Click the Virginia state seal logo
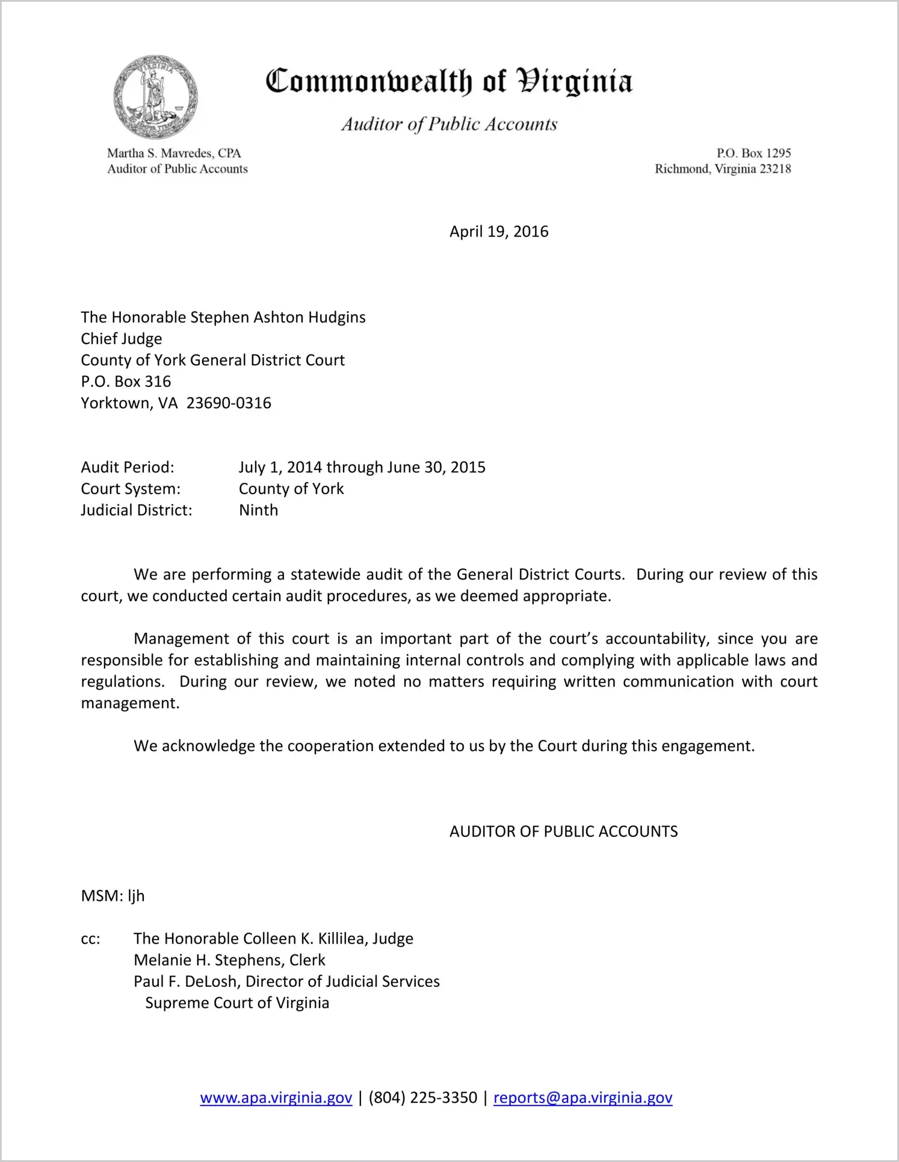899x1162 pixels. click(155, 97)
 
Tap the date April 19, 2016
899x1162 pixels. click(499, 232)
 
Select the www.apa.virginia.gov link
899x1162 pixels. click(276, 1098)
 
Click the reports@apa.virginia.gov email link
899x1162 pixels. click(582, 1098)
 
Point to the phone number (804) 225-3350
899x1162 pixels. click(422, 1098)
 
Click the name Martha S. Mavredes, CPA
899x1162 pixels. click(174, 153)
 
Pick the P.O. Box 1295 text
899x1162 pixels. click(753, 153)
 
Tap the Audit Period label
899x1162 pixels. click(128, 468)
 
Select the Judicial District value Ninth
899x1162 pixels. click(259, 510)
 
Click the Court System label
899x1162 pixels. click(131, 489)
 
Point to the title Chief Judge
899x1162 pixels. click(122, 339)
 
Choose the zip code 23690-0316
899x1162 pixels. click(229, 403)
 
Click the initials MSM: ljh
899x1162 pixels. click(113, 896)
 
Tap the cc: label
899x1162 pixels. click(90, 939)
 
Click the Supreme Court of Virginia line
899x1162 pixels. click(237, 1003)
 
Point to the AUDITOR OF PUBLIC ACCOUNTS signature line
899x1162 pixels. click(563, 832)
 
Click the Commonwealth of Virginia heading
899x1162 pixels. click(449, 81)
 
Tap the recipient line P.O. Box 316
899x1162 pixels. click(126, 382)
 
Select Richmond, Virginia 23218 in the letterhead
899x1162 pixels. click(723, 169)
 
